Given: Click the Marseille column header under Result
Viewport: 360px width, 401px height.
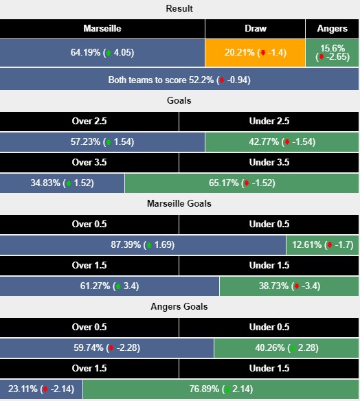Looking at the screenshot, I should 102,29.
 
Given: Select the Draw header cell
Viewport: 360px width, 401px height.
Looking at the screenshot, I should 255,29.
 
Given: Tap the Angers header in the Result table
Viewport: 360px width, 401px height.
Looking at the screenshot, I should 332,29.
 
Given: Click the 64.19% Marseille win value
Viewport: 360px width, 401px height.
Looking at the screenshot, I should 102,52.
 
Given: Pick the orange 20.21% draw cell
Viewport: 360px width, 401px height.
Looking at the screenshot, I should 255,52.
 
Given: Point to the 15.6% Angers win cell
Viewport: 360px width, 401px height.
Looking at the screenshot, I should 332,52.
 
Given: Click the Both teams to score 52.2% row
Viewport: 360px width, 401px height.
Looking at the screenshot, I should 179,80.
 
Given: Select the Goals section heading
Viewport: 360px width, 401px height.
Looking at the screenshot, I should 179,100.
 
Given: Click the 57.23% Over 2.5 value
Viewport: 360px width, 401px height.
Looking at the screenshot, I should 102,141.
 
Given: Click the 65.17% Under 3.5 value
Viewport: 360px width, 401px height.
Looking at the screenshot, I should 242,183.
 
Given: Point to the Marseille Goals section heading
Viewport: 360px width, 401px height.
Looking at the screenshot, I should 179,204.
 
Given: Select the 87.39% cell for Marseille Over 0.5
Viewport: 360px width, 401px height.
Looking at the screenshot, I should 143,245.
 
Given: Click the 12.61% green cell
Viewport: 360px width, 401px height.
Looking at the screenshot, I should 322,245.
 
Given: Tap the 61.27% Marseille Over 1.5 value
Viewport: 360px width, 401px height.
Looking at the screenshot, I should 110,286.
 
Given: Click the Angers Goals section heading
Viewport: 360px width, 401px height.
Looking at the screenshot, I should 179,307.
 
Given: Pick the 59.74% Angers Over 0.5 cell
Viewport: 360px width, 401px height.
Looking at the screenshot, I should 107,348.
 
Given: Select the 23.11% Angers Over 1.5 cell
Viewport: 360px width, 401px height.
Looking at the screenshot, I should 42,389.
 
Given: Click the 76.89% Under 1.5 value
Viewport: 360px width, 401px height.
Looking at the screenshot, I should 221,389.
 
